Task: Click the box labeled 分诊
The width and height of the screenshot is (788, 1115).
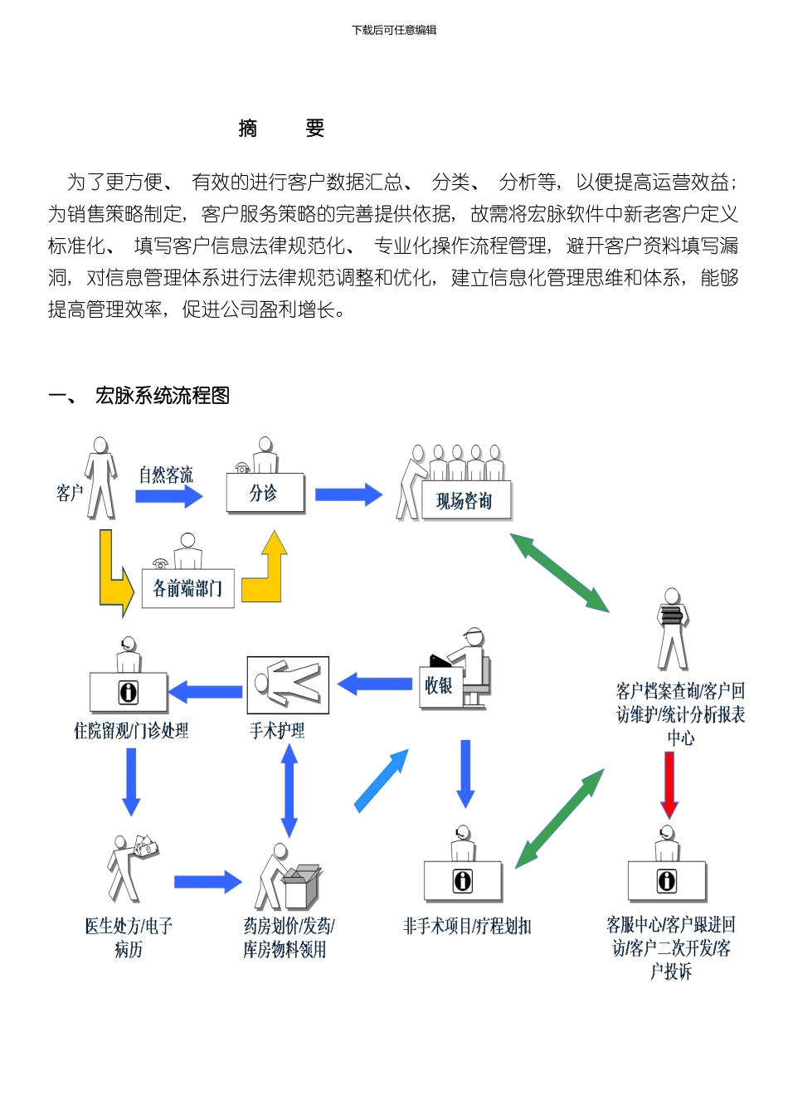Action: click(265, 493)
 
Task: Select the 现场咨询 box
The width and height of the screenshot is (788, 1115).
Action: click(464, 500)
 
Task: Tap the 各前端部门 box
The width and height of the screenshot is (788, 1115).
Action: click(187, 588)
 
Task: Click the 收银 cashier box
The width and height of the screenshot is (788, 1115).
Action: click(439, 685)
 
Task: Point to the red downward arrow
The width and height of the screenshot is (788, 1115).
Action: click(669, 785)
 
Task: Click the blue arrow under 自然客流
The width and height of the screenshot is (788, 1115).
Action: click(169, 496)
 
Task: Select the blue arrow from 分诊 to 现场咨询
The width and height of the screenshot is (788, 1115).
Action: click(348, 494)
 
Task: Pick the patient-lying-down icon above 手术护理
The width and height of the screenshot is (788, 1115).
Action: click(288, 685)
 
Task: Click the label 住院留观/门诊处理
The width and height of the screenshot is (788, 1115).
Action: click(131, 731)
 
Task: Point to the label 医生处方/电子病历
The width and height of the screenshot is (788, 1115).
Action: click(129, 937)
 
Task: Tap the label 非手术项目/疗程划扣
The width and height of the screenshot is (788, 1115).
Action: click(467, 927)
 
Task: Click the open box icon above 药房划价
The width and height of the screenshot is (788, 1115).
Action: click(301, 887)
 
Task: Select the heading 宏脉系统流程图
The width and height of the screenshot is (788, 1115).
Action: click(162, 396)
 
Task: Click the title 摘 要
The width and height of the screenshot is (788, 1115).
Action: click(280, 129)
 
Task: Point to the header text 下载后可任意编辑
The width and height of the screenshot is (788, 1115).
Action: click(394, 30)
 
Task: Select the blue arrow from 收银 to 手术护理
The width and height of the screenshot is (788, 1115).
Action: click(375, 684)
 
